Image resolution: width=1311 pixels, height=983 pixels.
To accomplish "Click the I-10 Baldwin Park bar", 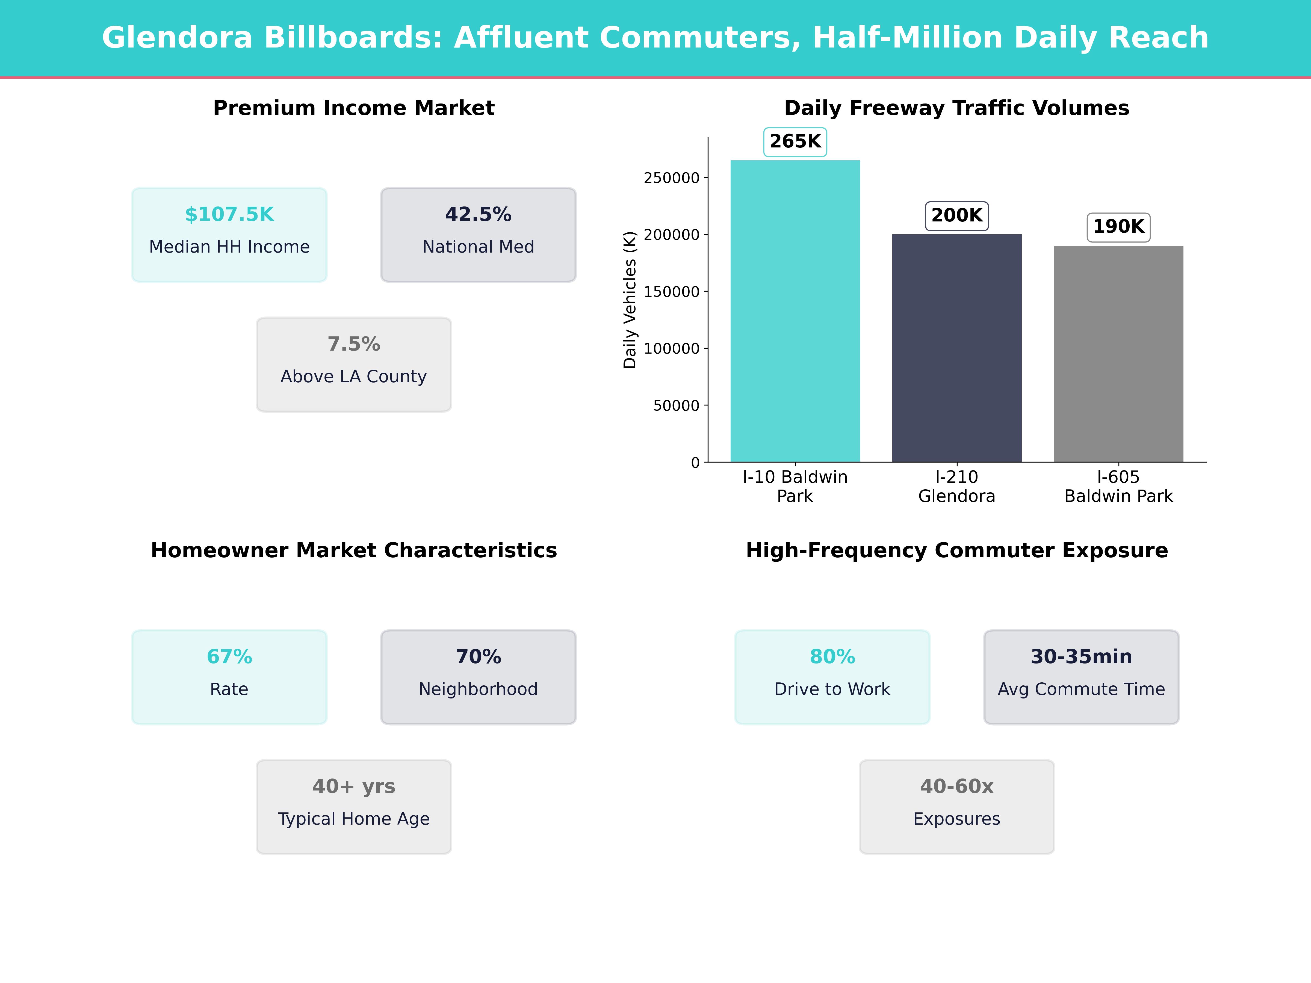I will click(x=795, y=311).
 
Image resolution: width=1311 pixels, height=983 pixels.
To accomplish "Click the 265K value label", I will click(x=795, y=142).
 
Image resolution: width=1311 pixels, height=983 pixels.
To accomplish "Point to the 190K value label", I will click(x=1118, y=227).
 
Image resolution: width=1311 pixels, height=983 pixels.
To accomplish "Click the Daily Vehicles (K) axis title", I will click(x=630, y=300).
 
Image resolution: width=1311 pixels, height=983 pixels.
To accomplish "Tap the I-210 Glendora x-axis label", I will click(x=956, y=487).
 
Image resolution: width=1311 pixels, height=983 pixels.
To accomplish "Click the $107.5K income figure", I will click(x=229, y=215).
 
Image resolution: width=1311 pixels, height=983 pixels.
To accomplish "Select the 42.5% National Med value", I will click(x=478, y=215).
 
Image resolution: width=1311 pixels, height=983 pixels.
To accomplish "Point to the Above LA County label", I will click(x=354, y=377).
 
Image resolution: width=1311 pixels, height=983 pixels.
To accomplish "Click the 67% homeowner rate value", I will click(x=229, y=656).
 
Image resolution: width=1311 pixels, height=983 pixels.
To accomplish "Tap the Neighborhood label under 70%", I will click(x=478, y=689).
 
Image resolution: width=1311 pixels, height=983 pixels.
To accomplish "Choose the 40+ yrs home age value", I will click(x=354, y=786).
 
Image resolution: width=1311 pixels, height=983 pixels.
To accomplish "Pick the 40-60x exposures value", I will click(x=956, y=786).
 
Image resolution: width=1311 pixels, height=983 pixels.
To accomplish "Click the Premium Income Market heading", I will click(x=354, y=108).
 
